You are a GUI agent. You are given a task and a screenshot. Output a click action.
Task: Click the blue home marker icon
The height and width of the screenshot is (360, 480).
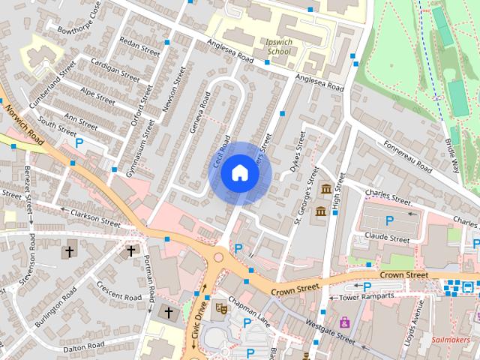[x=239, y=172]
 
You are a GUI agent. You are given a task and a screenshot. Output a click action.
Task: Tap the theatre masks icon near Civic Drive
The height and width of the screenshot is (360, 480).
[x=221, y=307]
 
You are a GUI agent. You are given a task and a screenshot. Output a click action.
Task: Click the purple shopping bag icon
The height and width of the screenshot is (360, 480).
[x=344, y=322]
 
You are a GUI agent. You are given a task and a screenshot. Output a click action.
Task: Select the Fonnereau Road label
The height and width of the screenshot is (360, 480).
[x=407, y=155]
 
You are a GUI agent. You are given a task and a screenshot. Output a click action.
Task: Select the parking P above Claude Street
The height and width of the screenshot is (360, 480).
[x=389, y=220]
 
